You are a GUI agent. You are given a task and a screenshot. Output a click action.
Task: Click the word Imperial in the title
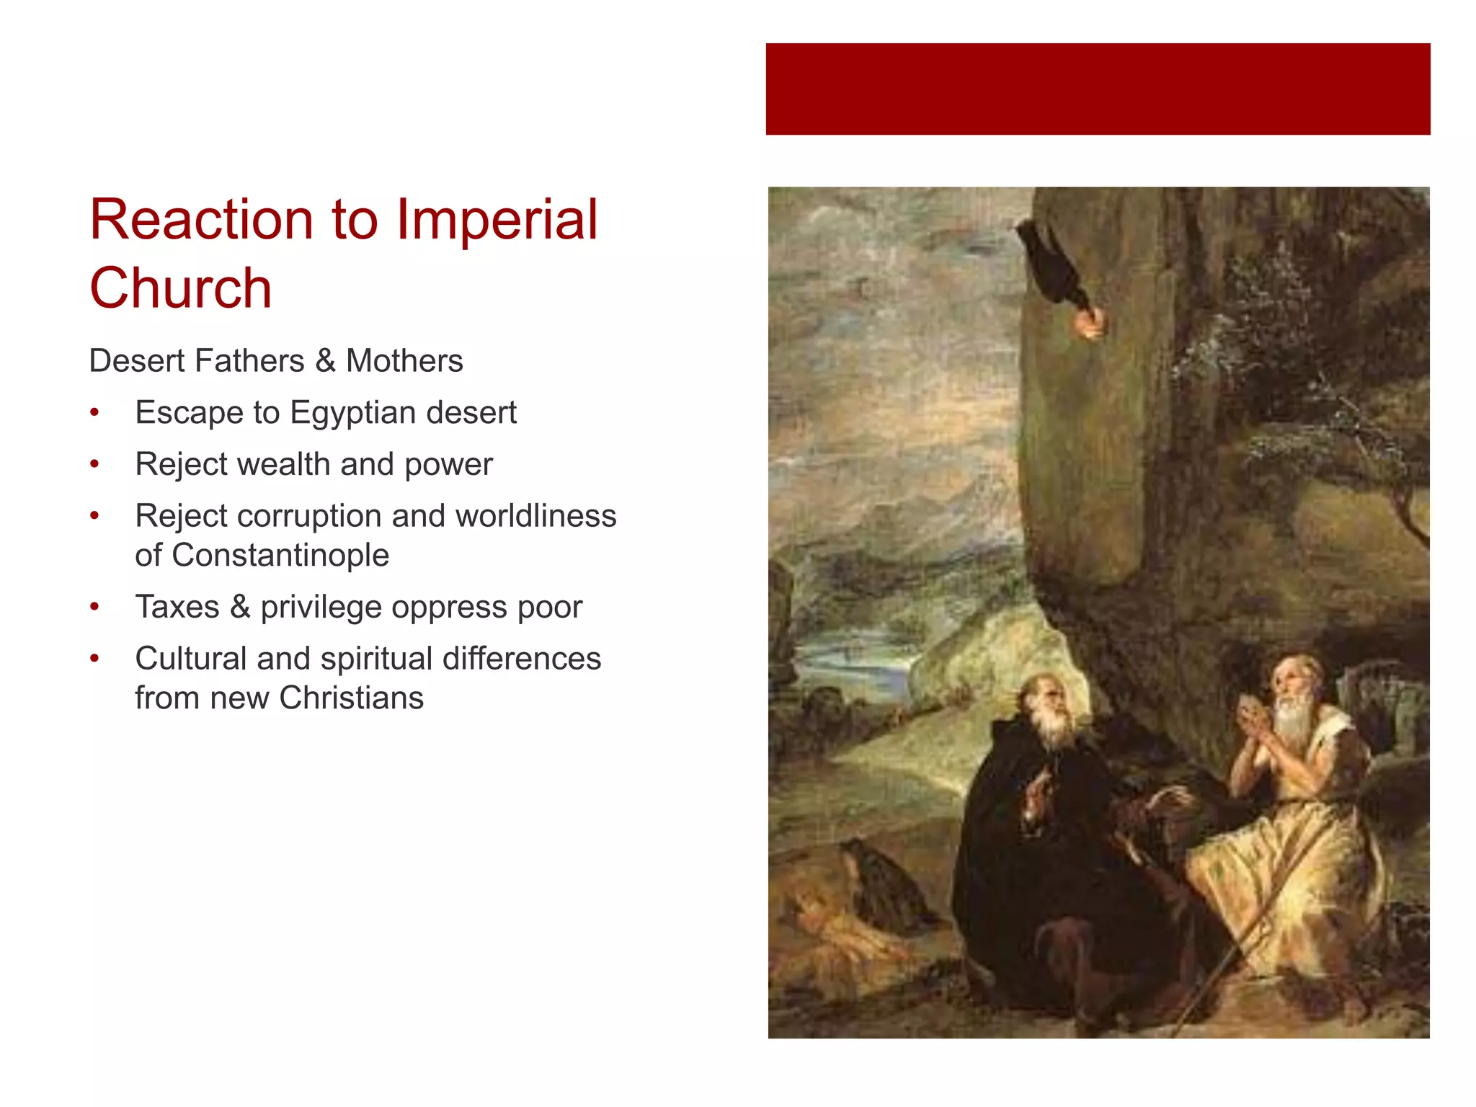pyautogui.click(x=497, y=220)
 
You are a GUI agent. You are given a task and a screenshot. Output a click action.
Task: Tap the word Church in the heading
pyautogui.click(x=180, y=288)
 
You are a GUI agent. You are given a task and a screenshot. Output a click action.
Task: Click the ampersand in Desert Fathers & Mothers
pyautogui.click(x=325, y=361)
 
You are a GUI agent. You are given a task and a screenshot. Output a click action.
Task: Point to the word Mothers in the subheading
pyautogui.click(x=404, y=361)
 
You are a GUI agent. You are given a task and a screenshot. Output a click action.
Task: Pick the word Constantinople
pyautogui.click(x=280, y=555)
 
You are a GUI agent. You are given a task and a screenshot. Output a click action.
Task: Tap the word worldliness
pyautogui.click(x=535, y=516)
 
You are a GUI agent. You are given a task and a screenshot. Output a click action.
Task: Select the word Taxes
pyautogui.click(x=177, y=607)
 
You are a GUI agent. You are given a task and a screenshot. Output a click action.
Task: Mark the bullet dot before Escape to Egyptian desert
pyautogui.click(x=94, y=413)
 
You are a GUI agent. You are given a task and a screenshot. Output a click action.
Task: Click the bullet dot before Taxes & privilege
pyautogui.click(x=94, y=607)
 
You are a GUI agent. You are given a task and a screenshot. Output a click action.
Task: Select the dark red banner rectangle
pyautogui.click(x=1098, y=89)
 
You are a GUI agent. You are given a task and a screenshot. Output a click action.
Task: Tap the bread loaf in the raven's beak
pyautogui.click(x=1088, y=322)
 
